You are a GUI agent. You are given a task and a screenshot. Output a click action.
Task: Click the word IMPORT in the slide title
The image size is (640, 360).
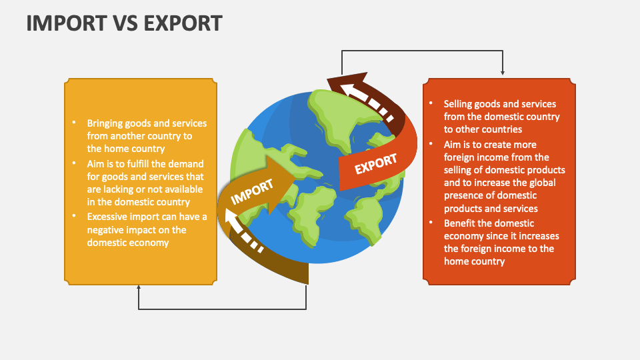pyautogui.click(x=67, y=23)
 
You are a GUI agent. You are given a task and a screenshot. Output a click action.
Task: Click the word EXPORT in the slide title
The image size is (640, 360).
pyautogui.click(x=183, y=23)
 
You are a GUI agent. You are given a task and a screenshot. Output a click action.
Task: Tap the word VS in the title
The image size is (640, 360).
pyautogui.click(x=125, y=23)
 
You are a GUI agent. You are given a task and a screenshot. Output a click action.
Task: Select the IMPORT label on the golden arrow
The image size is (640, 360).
pyautogui.click(x=252, y=192)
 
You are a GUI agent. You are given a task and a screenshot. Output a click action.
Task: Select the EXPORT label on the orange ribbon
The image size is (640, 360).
pyautogui.click(x=375, y=164)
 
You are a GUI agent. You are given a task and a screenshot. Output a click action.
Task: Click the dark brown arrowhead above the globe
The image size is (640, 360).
pyautogui.click(x=348, y=81)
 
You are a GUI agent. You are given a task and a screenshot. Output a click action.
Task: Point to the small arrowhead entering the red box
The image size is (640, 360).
pyautogui.click(x=503, y=73)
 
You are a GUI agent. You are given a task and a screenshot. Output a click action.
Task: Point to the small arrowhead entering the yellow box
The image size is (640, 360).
pyautogui.click(x=139, y=287)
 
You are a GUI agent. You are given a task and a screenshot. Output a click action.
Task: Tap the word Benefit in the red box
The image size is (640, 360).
pyautogui.click(x=459, y=223)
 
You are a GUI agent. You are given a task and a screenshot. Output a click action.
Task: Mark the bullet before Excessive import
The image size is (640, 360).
pyautogui.click(x=74, y=215)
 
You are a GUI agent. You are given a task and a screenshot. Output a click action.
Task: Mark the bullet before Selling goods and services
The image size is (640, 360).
pyautogui.click(x=431, y=103)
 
